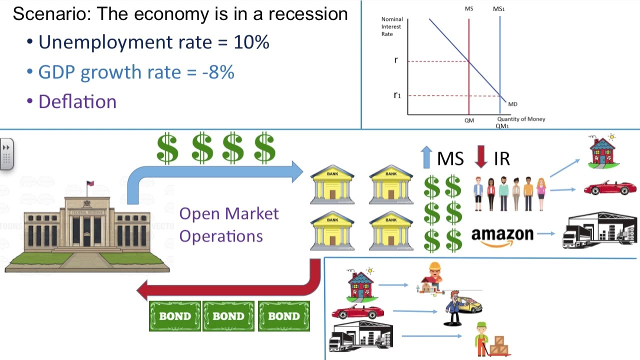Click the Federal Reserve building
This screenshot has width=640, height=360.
pyautogui.click(x=87, y=227)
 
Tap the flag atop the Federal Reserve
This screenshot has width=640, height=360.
pyautogui.click(x=90, y=184)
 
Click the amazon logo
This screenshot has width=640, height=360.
pyautogui.click(x=502, y=235)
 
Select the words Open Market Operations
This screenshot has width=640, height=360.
pyautogui.click(x=228, y=224)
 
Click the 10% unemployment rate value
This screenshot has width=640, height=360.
pyautogui.click(x=251, y=42)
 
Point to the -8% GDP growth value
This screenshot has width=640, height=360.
pyautogui.click(x=218, y=72)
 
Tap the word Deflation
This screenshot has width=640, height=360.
pyautogui.click(x=77, y=102)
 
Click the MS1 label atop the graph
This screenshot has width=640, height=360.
pyautogui.click(x=498, y=9)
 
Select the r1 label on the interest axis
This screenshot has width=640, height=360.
pyautogui.click(x=397, y=95)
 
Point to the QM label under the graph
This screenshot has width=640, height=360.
pyautogui.click(x=469, y=120)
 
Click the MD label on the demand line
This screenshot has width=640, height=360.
pyautogui.click(x=512, y=104)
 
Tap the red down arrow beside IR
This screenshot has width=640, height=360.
pyautogui.click(x=481, y=156)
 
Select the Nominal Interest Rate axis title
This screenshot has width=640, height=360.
pyautogui.click(x=391, y=26)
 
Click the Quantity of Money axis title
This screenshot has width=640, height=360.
pyautogui.click(x=521, y=119)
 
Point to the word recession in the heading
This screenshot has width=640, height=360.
pyautogui.click(x=308, y=14)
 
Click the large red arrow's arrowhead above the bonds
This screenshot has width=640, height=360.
pyautogui.click(x=144, y=290)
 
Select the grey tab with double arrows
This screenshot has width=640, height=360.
pyautogui.click(x=6, y=154)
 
